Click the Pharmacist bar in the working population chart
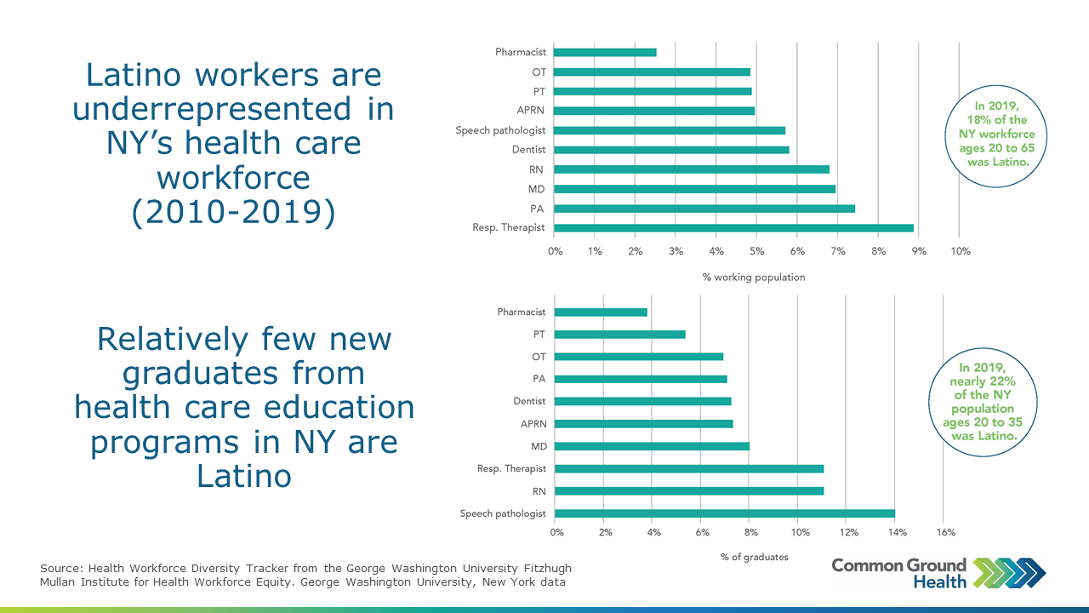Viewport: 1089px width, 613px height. [x=605, y=52]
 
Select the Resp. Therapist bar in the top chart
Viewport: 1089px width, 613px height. [x=733, y=227]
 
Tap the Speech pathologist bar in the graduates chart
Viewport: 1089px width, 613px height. [x=725, y=513]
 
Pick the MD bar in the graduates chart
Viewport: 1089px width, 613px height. [x=652, y=446]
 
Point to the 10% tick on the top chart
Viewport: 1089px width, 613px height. [x=959, y=251]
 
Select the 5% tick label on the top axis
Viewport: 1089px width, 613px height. [x=756, y=251]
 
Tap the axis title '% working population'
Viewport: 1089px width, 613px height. [x=753, y=277]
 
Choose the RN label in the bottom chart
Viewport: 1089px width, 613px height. [x=538, y=491]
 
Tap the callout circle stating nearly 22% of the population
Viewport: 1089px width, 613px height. [x=983, y=401]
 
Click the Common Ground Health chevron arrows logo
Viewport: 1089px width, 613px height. [x=1009, y=572]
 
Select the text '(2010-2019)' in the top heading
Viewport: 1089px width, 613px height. [x=233, y=213]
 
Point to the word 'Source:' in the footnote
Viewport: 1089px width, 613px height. [x=61, y=569]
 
